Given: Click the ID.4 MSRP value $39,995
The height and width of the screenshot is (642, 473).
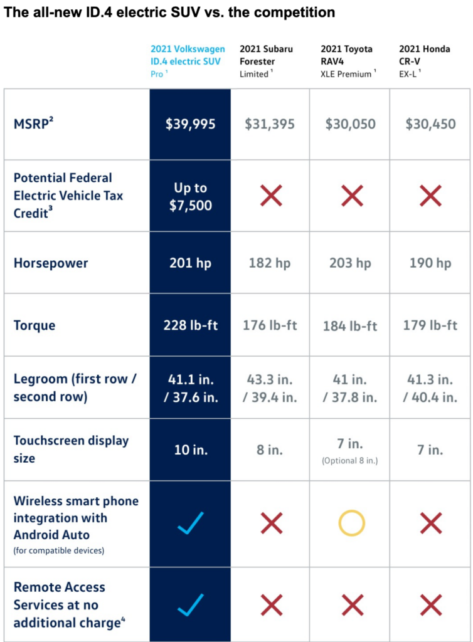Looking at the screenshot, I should point(190,124).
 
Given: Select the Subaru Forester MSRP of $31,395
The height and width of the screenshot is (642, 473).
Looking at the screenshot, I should point(270,124).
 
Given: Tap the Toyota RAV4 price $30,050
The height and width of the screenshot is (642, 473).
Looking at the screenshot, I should point(350,124).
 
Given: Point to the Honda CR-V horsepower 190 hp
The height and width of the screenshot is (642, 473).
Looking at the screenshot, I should point(430,263).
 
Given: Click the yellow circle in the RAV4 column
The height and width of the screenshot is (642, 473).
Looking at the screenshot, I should point(351,523).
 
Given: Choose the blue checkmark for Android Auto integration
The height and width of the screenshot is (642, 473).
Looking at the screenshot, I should point(190,523).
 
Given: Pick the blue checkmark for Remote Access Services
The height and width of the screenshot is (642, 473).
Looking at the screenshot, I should point(190,605).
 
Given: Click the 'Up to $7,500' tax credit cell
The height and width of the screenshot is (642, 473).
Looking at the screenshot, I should point(190,196).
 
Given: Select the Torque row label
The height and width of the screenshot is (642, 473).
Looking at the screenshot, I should point(35,325).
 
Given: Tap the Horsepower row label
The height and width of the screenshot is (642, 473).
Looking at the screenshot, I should point(51,263).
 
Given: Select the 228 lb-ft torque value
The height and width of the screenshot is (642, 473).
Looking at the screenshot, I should point(190,325).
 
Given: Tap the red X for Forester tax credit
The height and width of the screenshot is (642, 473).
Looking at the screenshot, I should point(271,196).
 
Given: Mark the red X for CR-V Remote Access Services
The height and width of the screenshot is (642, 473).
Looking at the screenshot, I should point(430,605).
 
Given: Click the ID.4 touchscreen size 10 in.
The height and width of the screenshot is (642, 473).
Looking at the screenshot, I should point(190,450).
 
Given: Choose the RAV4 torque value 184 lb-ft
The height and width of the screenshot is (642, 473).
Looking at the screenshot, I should point(350,326).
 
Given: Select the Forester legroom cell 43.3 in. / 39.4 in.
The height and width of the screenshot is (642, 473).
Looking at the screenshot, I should point(270,388).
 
